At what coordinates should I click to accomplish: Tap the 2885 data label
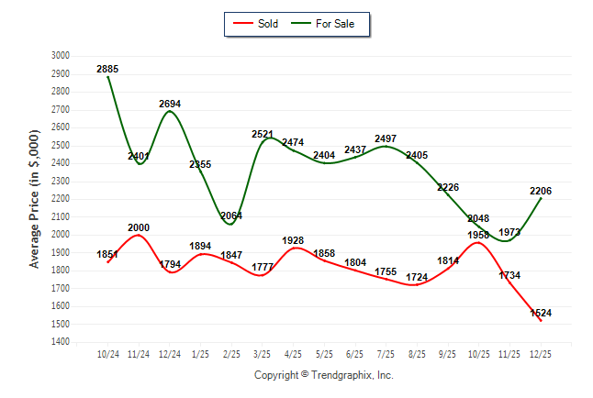click(107, 69)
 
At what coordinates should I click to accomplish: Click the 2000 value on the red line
click(139, 227)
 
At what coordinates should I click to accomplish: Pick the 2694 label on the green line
click(170, 104)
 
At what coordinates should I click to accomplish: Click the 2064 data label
click(231, 216)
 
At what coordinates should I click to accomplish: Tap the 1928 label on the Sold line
click(294, 240)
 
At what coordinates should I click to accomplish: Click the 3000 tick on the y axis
click(61, 55)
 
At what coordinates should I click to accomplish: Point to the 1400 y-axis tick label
click(61, 342)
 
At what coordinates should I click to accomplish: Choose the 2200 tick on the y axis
click(61, 199)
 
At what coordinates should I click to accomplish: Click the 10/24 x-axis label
click(107, 354)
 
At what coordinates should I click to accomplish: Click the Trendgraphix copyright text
click(323, 375)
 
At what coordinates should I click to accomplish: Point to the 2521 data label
click(263, 135)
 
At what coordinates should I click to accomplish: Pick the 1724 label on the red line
click(417, 277)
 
